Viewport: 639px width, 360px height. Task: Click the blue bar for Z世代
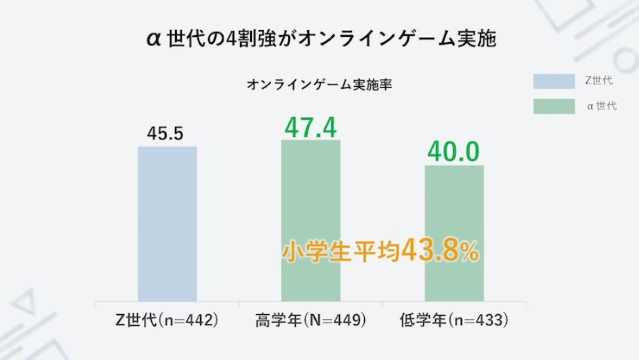(x=167, y=224)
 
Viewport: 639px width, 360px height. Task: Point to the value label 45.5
(x=165, y=134)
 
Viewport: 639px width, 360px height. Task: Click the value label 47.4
(x=310, y=127)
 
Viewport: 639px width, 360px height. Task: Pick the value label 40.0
(x=454, y=152)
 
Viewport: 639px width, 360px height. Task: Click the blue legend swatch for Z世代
(x=554, y=81)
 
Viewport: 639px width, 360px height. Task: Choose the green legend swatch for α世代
(x=554, y=106)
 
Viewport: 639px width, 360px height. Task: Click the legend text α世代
(x=601, y=106)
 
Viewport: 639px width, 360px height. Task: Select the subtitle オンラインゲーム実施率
(x=320, y=85)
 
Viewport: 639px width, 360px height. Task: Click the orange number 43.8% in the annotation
(x=440, y=252)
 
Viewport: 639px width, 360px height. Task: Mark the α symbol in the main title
(x=154, y=40)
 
